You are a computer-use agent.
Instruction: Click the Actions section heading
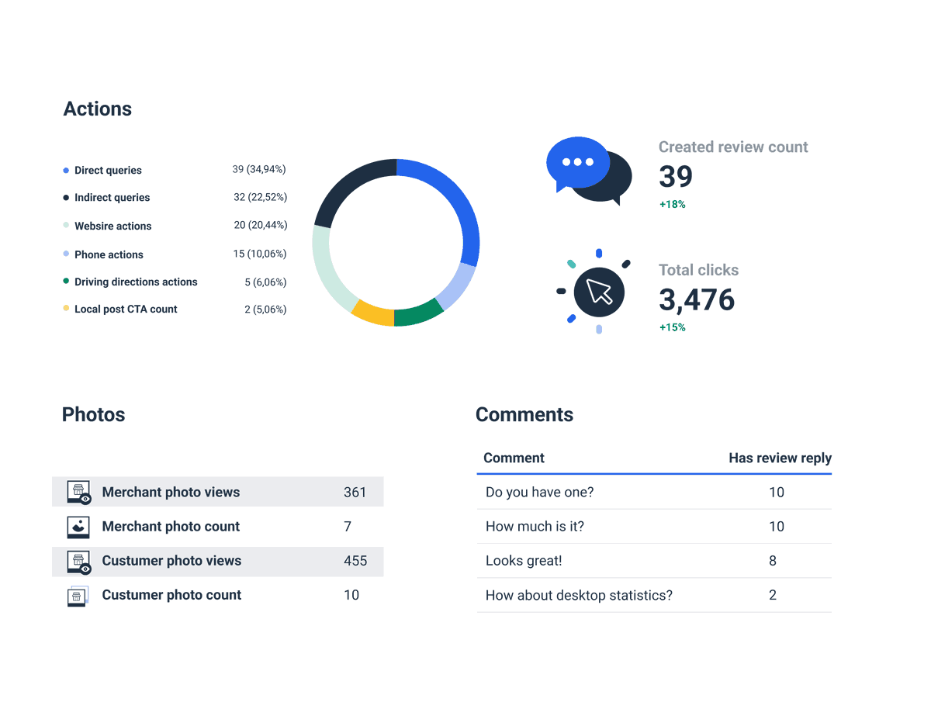click(x=97, y=109)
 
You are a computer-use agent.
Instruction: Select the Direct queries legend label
click(x=108, y=171)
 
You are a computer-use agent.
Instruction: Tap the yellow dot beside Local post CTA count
click(x=66, y=309)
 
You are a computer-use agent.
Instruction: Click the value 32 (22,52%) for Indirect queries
click(x=260, y=198)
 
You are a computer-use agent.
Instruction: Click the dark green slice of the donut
click(x=418, y=315)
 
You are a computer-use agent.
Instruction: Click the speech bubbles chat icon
click(x=588, y=171)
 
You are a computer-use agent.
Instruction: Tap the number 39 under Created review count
click(x=675, y=177)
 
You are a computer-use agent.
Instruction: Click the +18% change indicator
click(x=672, y=205)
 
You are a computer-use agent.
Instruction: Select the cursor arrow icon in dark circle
click(x=598, y=292)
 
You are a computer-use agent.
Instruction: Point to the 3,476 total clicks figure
click(x=696, y=299)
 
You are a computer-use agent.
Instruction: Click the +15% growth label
click(x=672, y=327)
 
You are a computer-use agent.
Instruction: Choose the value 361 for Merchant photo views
click(x=355, y=493)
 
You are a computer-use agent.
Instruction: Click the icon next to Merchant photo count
click(x=78, y=527)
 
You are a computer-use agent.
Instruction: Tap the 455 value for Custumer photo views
click(x=355, y=561)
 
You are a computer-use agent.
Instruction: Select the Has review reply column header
click(x=779, y=458)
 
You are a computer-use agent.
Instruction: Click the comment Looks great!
click(x=523, y=561)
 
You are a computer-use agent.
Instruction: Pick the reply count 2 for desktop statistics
click(x=773, y=595)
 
